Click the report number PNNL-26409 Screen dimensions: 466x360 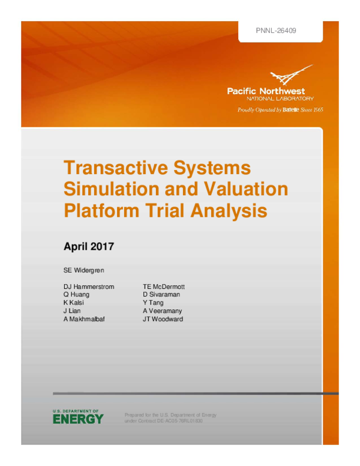click(277, 29)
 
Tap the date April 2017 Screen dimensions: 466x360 click(88, 246)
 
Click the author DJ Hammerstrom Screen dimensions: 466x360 click(89, 287)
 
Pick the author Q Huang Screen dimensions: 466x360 click(77, 295)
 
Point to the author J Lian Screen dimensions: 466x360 click(72, 311)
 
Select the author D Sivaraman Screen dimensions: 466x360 click(161, 295)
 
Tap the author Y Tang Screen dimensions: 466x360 click(153, 303)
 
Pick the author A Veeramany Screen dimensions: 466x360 click(163, 311)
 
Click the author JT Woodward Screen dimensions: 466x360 click(163, 319)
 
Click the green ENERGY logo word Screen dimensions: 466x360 click(78, 419)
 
